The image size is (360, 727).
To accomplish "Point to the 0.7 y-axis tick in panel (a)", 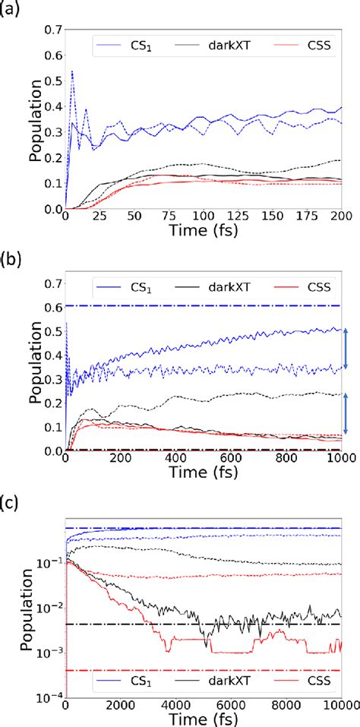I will [51, 30].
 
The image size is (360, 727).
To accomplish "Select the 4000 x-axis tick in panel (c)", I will [175, 708].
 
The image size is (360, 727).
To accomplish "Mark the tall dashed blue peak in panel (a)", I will [72, 71].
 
